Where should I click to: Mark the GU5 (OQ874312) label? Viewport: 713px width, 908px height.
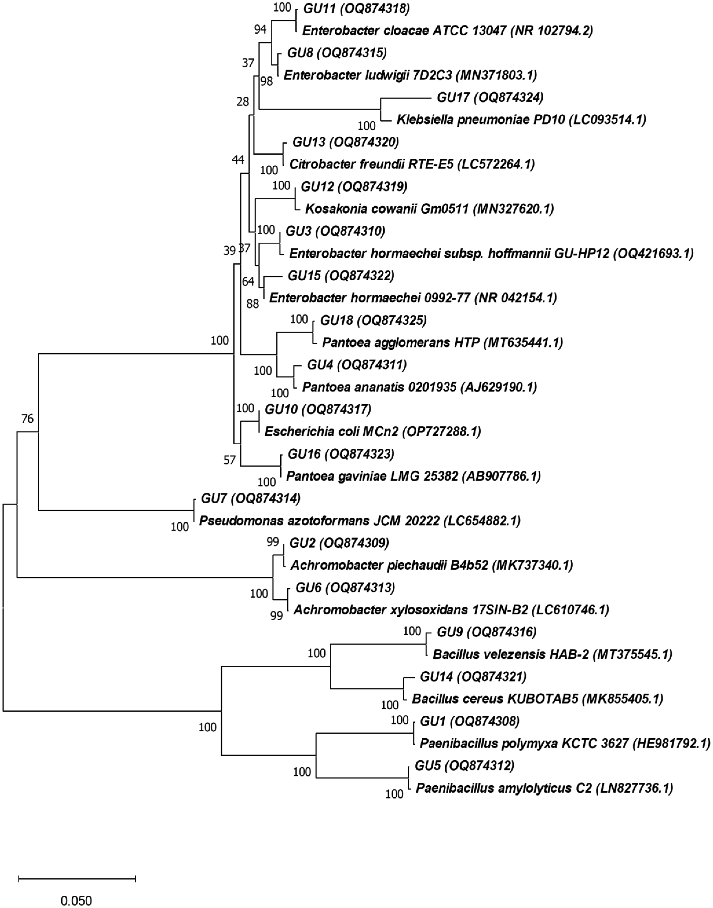(464, 766)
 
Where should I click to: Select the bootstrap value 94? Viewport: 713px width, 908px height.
(260, 29)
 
